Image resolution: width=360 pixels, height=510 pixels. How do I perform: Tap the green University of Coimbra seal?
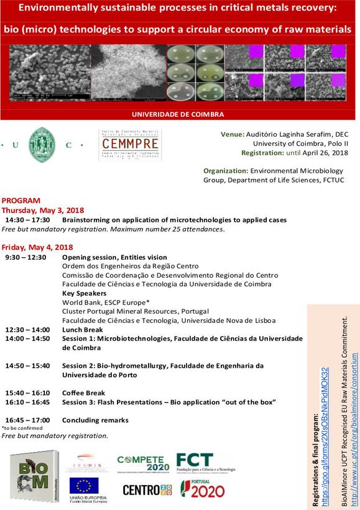pyautogui.click(x=42, y=145)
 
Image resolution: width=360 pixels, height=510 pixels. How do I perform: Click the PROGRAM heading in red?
pyautogui.click(x=21, y=201)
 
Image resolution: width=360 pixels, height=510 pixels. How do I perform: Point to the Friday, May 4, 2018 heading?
pyautogui.click(x=37, y=247)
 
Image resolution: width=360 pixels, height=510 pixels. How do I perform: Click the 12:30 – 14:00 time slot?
pyautogui.click(x=27, y=329)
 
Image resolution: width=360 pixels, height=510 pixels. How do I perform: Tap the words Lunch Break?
pyautogui.click(x=82, y=329)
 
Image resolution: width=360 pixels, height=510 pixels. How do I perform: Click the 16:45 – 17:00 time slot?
pyautogui.click(x=27, y=420)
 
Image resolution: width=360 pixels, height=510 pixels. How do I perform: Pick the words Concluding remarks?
pyautogui.click(x=95, y=420)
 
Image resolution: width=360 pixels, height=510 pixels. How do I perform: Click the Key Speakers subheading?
pyautogui.click(x=84, y=293)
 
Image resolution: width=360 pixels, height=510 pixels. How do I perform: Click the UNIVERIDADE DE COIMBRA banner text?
pyautogui.click(x=178, y=114)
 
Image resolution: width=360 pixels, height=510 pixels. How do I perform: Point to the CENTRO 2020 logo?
pyautogui.click(x=146, y=490)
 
